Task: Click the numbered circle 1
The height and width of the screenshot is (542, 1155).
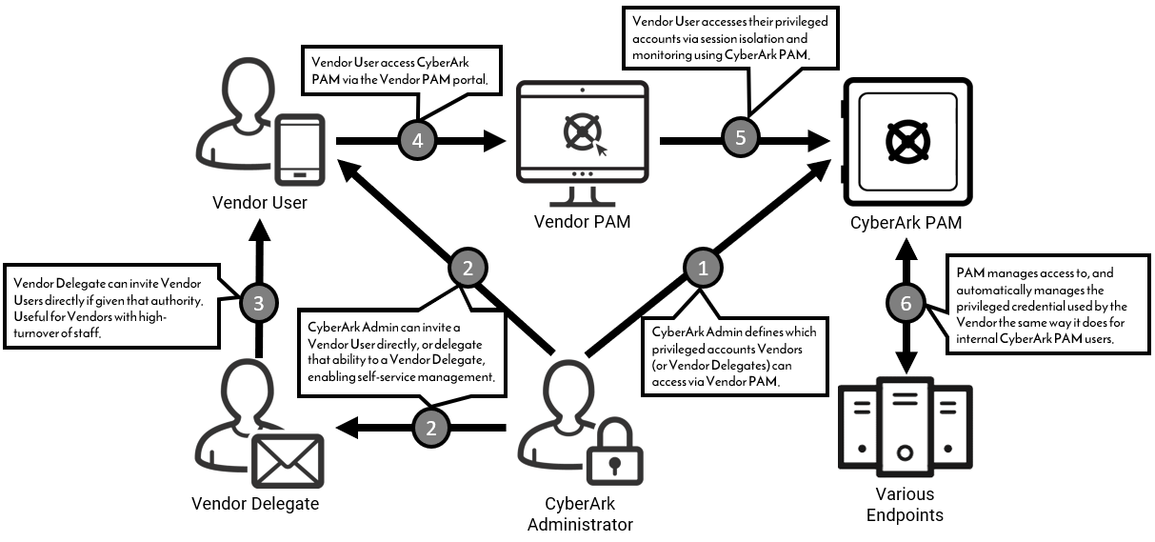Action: click(703, 269)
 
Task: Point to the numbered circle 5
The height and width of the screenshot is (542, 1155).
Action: click(741, 137)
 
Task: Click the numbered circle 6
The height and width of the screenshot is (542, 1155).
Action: click(904, 303)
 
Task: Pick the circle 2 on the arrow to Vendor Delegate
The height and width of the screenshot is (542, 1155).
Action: click(430, 428)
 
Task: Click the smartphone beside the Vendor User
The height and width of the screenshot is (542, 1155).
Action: click(299, 151)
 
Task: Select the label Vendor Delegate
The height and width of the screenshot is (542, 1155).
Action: click(255, 503)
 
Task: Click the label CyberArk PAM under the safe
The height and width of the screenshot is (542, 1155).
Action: click(905, 224)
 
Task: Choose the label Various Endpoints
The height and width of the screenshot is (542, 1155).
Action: click(905, 505)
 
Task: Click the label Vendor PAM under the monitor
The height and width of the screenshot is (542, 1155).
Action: click(582, 222)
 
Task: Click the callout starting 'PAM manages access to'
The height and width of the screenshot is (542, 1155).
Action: click(1045, 306)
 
